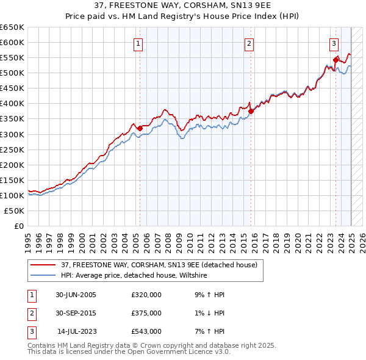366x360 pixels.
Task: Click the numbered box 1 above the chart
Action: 139,43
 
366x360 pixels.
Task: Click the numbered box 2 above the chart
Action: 250,43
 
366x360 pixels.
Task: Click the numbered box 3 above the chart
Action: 334,43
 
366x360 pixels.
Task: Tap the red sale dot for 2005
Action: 140,128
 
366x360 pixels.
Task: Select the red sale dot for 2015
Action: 251,111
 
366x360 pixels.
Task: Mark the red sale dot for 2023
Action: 335,60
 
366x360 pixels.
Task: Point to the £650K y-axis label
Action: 12,27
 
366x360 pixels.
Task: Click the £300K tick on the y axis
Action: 12,134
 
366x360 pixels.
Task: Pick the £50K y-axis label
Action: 15,211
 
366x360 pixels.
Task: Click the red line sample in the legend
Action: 43,265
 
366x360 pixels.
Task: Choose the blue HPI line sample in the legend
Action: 43,276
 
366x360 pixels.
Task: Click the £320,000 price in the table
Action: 146,294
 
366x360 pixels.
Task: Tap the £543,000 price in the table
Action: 146,331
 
